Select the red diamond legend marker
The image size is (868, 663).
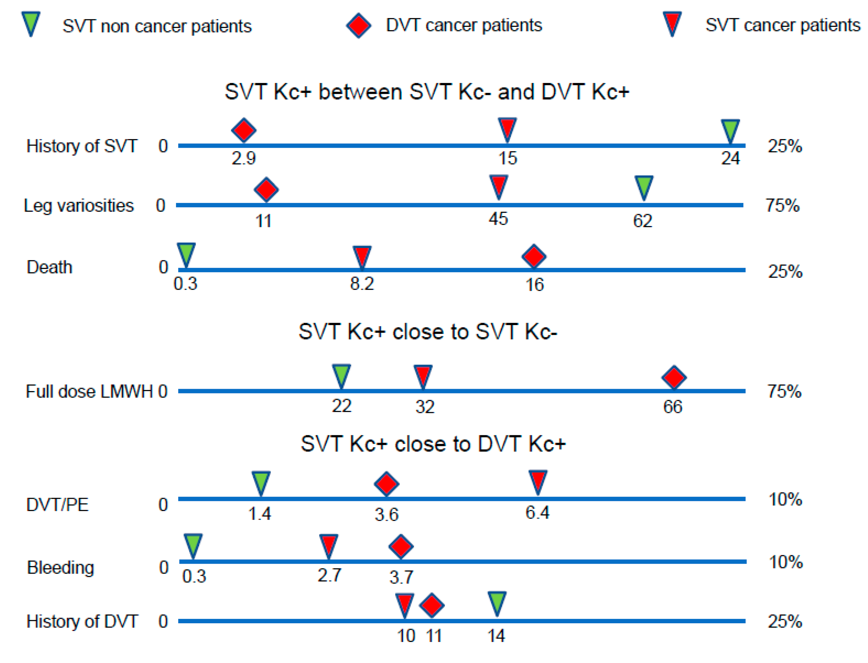[358, 26]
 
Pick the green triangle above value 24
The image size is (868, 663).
[730, 130]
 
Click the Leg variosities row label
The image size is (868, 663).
[79, 206]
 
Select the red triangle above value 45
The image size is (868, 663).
[499, 186]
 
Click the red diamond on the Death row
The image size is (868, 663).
[534, 256]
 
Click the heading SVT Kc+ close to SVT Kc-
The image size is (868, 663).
[428, 331]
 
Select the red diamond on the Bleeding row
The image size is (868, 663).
[401, 546]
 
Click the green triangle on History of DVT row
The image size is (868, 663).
[497, 603]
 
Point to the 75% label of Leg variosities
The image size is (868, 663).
[783, 206]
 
